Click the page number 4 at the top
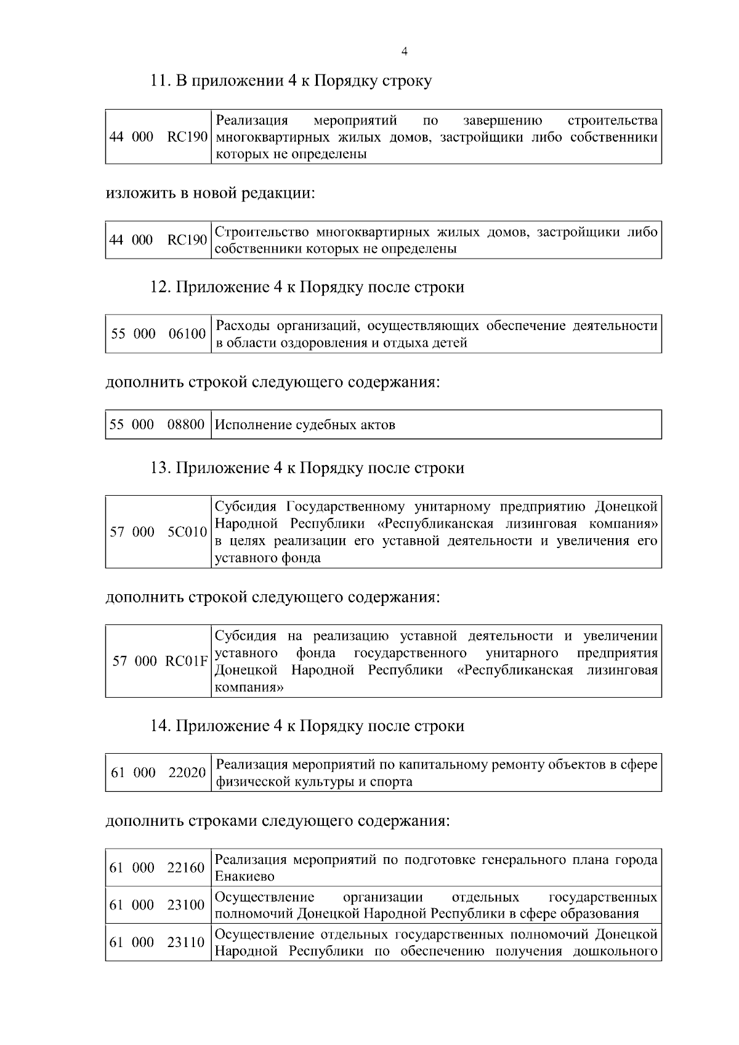404,52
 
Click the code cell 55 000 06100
158,334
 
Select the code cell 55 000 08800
158,424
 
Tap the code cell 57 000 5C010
158,531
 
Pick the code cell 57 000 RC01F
158,661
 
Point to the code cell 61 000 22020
158,772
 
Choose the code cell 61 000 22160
158,868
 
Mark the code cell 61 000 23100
158,905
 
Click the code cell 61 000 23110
158,942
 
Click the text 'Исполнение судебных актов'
305,424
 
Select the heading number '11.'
161,81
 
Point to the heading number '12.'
161,287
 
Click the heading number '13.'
161,468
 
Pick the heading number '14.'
161,726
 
